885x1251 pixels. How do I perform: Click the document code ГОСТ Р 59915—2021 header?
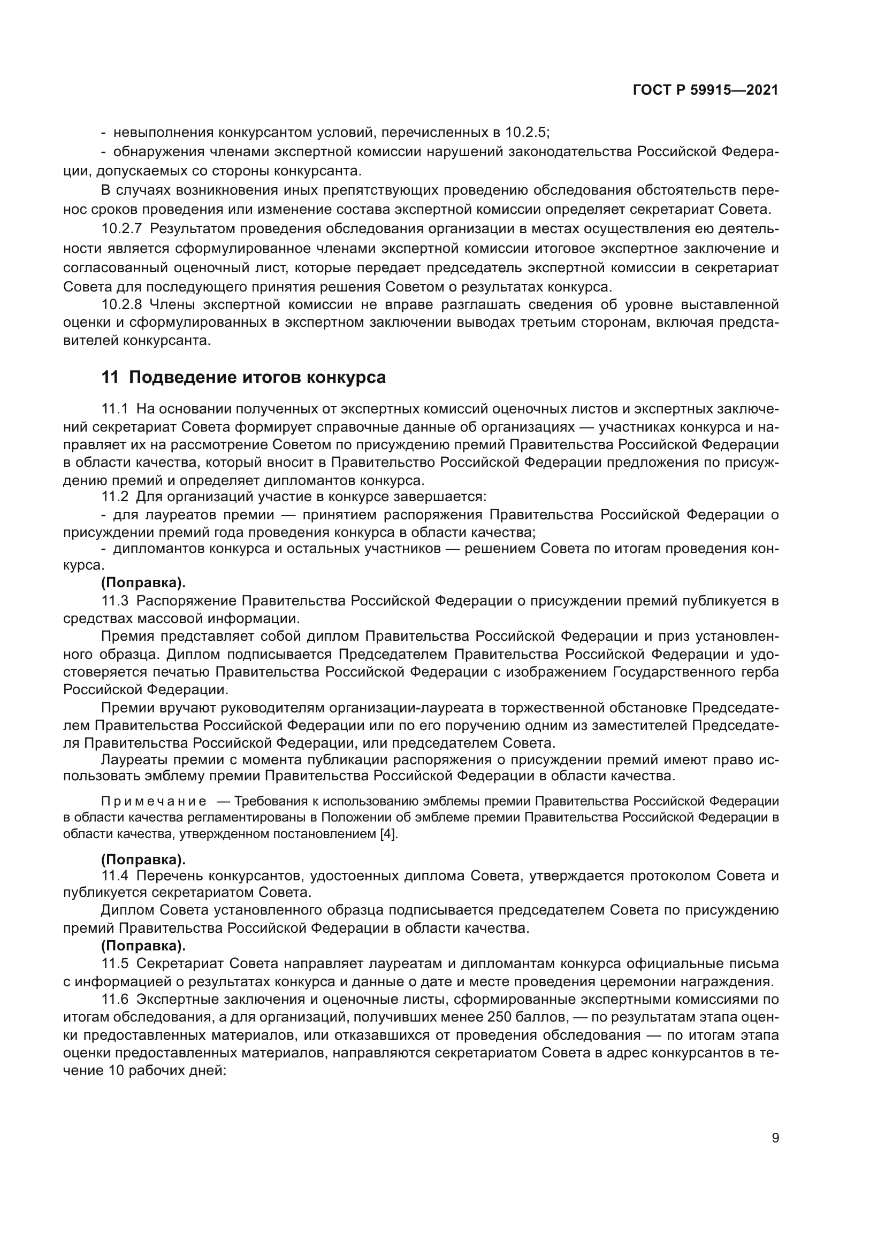tap(705, 90)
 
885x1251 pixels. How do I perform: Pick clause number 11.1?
tap(115, 409)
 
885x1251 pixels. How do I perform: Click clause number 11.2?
tap(115, 496)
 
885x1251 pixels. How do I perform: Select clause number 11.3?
tap(115, 601)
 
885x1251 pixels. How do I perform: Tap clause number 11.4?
tap(115, 876)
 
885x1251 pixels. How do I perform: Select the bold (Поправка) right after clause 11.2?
tap(143, 582)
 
